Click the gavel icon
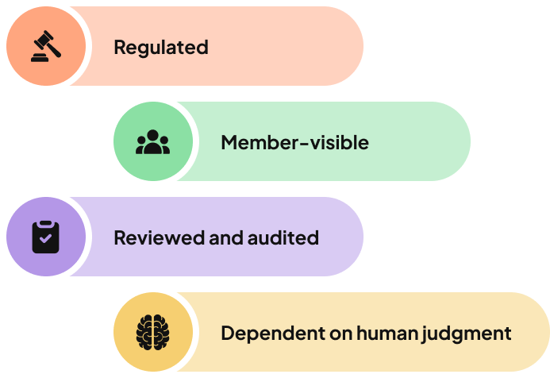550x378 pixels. pyautogui.click(x=45, y=47)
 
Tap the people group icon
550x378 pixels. pyautogui.click(x=152, y=142)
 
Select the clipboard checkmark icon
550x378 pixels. pyautogui.click(x=45, y=237)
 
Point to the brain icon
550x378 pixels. pyautogui.click(x=152, y=332)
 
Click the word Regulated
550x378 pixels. pyautogui.click(x=161, y=48)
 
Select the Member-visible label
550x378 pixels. pyautogui.click(x=294, y=143)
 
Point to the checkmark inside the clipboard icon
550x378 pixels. pyautogui.click(x=45, y=238)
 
